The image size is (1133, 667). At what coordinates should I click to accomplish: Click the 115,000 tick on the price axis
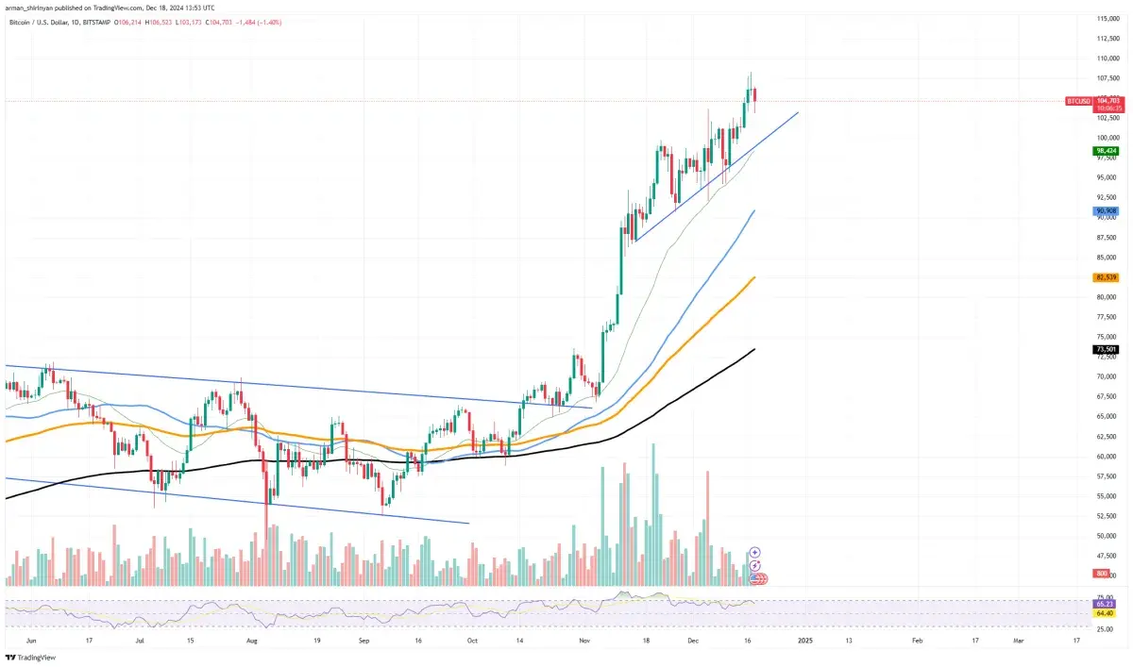click(1107, 19)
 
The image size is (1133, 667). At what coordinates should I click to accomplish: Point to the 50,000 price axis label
click(1107, 536)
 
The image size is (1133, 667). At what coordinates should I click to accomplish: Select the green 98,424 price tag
click(1107, 150)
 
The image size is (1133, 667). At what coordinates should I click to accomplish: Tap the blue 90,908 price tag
click(1107, 210)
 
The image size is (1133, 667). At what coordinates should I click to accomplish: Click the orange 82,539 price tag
click(1107, 277)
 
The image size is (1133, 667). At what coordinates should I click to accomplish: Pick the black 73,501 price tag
click(1107, 349)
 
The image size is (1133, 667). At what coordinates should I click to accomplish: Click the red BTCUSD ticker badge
click(1078, 100)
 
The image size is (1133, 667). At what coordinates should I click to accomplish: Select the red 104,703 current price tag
click(1108, 99)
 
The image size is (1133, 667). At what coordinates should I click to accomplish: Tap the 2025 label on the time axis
click(803, 640)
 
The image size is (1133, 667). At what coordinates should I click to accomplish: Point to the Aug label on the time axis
click(252, 640)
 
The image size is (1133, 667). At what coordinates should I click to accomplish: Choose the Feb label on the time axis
click(917, 640)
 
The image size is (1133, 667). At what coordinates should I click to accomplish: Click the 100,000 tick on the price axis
click(1107, 138)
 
